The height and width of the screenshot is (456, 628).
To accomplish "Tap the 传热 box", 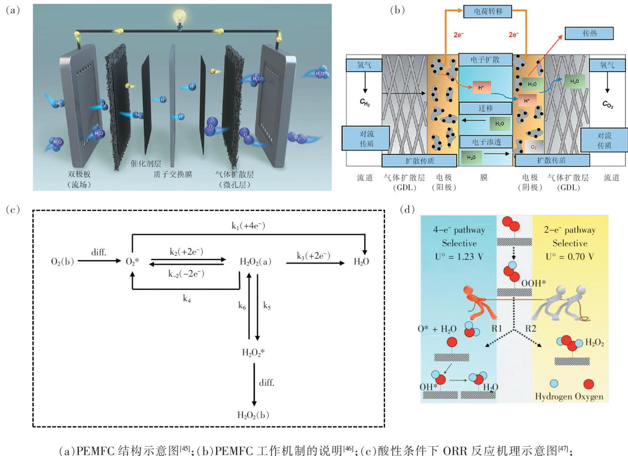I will click(x=589, y=34).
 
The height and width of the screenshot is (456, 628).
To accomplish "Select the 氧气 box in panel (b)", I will click(x=607, y=65).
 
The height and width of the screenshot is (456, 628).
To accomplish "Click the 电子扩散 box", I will click(x=485, y=60).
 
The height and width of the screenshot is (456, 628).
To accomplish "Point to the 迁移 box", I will click(x=485, y=108).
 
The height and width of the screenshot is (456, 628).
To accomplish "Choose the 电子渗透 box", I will click(x=486, y=142).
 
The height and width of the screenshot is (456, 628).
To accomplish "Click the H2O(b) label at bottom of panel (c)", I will click(x=253, y=415).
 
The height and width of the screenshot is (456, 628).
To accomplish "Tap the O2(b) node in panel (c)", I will click(x=63, y=262).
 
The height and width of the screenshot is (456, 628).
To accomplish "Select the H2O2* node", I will click(x=253, y=352).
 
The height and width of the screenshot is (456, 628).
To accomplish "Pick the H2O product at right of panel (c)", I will click(x=361, y=262).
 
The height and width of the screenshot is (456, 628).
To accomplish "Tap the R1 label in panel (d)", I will click(x=497, y=328).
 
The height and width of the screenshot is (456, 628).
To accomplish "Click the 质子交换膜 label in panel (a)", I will click(x=173, y=174).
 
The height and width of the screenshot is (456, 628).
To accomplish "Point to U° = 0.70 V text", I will click(x=570, y=257).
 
